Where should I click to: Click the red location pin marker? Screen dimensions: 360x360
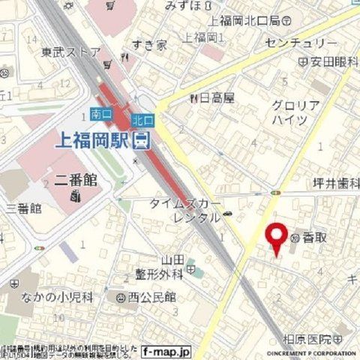click(x=277, y=238)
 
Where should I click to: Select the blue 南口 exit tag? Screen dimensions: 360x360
click(x=100, y=115)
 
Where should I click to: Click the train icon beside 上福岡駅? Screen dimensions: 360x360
click(x=141, y=140)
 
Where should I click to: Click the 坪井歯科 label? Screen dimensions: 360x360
click(x=335, y=183)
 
